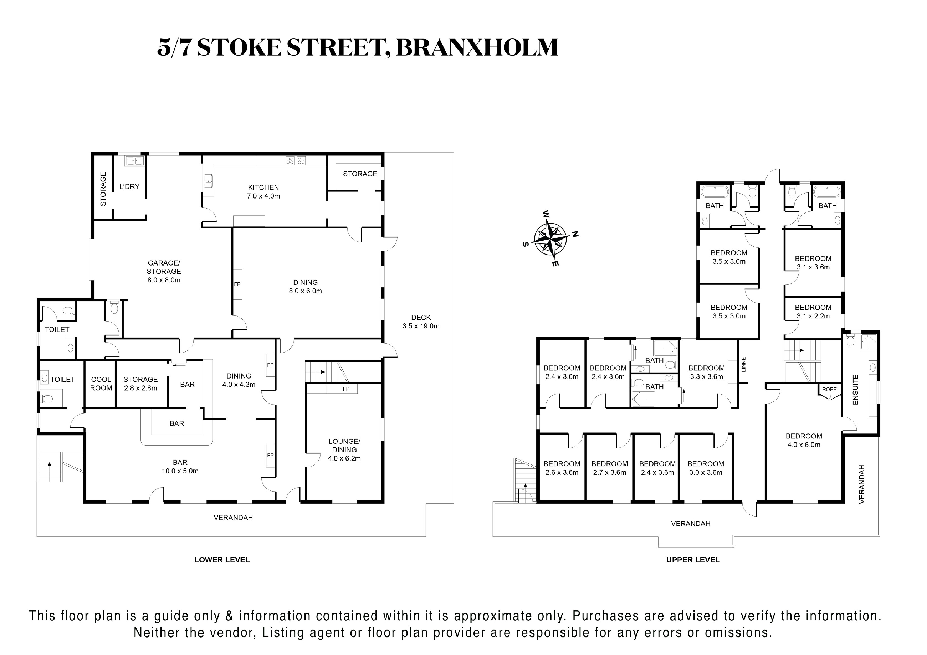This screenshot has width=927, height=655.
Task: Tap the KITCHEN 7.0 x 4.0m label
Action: [263, 192]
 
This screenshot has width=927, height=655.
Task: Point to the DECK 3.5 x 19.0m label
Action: [421, 322]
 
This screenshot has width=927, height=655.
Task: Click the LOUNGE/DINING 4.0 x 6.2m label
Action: [344, 449]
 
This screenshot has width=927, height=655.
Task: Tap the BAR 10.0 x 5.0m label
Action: [180, 466]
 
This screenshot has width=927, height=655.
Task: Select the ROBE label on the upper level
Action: [829, 389]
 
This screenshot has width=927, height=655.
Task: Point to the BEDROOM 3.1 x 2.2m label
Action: [813, 312]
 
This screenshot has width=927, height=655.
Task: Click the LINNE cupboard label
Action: [743, 365]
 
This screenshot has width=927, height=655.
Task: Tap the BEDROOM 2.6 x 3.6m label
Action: [562, 468]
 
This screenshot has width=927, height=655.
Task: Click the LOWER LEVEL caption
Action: [222, 560]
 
